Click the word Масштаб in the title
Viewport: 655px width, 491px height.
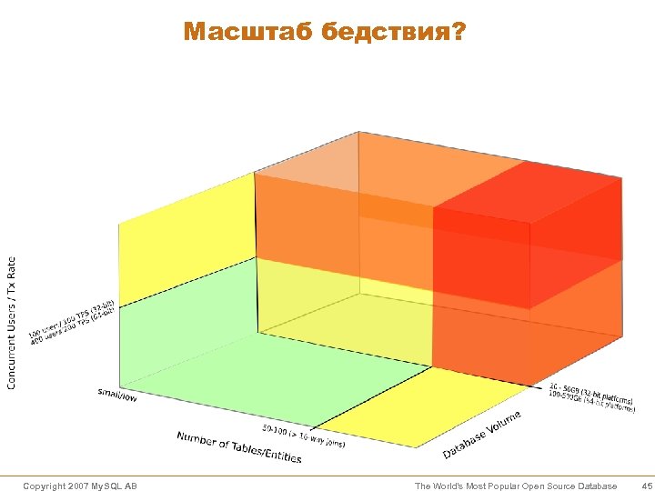[235, 33]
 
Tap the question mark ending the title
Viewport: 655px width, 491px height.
[458, 33]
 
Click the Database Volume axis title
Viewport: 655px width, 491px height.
[482, 435]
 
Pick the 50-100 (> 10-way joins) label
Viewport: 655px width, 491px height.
[304, 435]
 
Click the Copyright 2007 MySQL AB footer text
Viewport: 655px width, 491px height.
[80, 486]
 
